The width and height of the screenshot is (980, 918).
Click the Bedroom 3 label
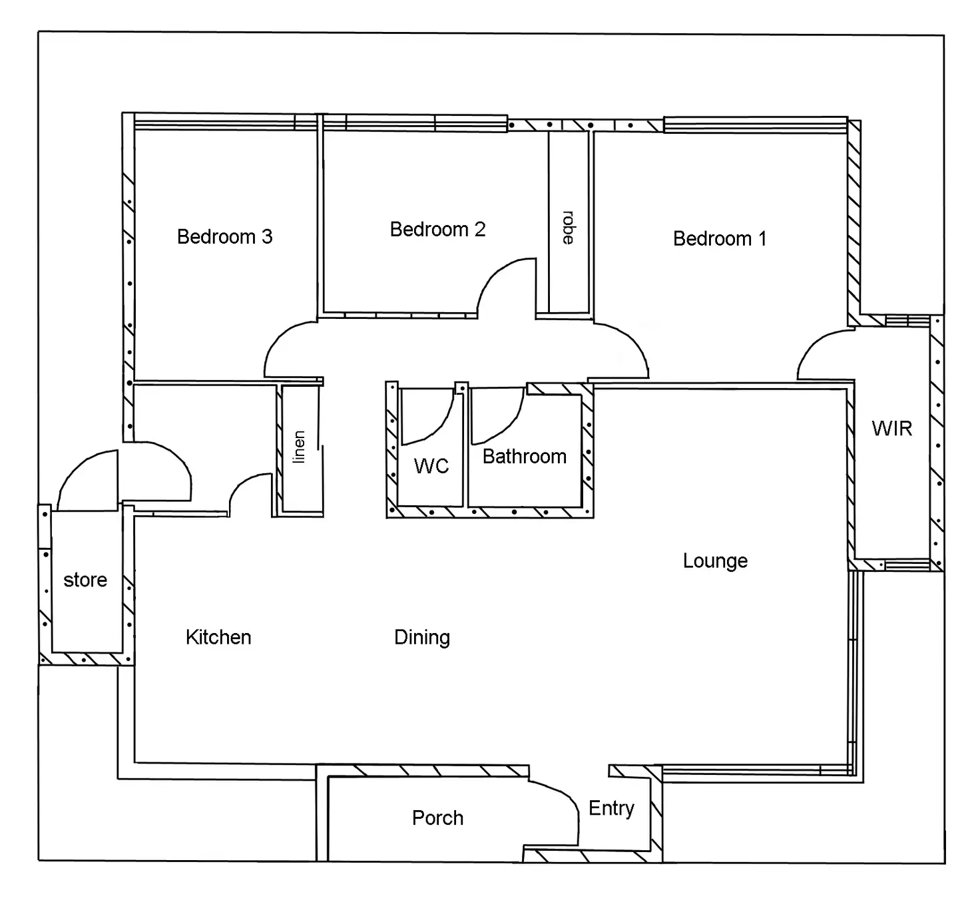[224, 237]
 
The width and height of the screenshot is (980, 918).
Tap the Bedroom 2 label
[437, 230]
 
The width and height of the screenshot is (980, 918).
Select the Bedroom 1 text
[719, 238]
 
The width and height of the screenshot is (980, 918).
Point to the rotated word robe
[568, 228]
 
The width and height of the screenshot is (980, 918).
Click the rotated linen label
[300, 447]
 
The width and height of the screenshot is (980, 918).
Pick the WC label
[431, 466]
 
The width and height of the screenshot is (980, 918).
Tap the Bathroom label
[524, 457]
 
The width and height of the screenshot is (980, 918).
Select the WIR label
[891, 428]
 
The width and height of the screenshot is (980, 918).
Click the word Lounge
[715, 561]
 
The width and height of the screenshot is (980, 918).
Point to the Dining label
[421, 637]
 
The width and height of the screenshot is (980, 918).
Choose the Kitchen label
[218, 637]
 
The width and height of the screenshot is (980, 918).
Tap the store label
[85, 580]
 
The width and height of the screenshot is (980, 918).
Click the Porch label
[437, 817]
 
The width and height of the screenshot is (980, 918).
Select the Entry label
[611, 808]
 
